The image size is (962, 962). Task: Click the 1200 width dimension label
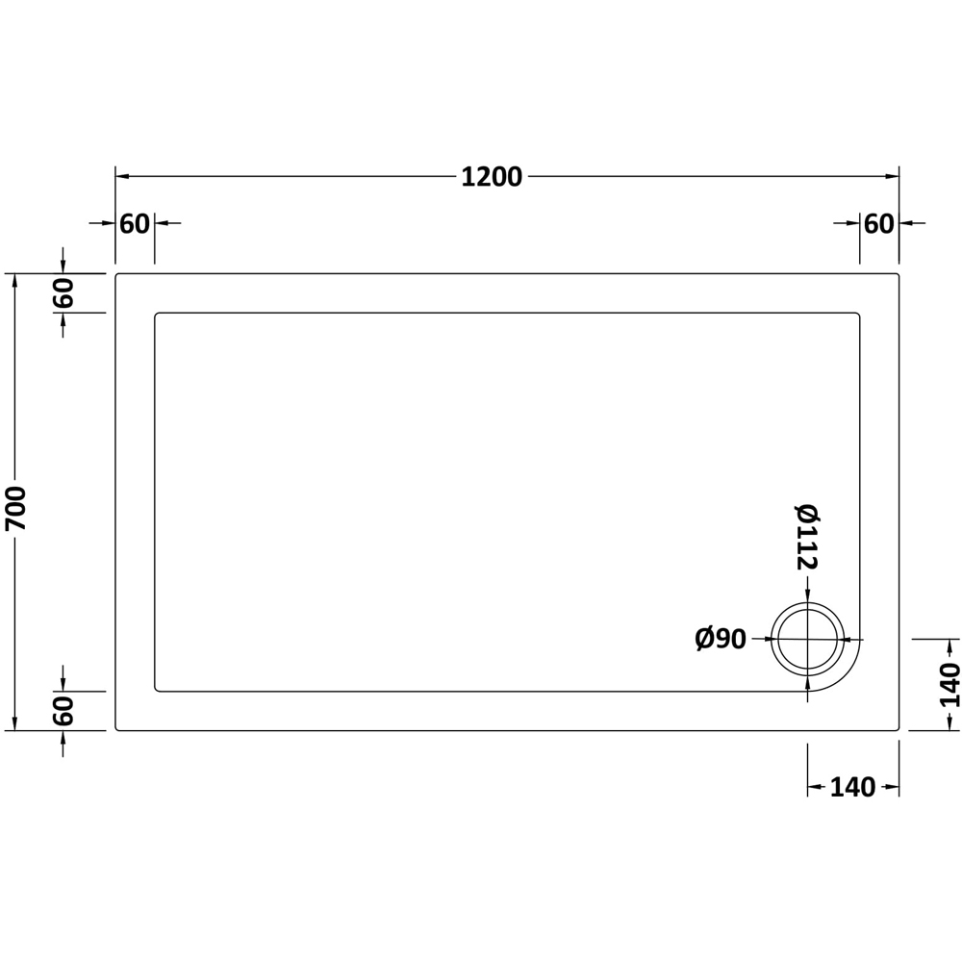[491, 177]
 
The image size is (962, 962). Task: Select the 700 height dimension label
[15, 508]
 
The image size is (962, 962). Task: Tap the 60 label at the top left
[135, 224]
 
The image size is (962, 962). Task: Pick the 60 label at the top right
[878, 224]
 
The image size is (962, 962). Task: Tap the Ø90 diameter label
[721, 640]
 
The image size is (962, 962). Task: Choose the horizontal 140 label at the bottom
[852, 787]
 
